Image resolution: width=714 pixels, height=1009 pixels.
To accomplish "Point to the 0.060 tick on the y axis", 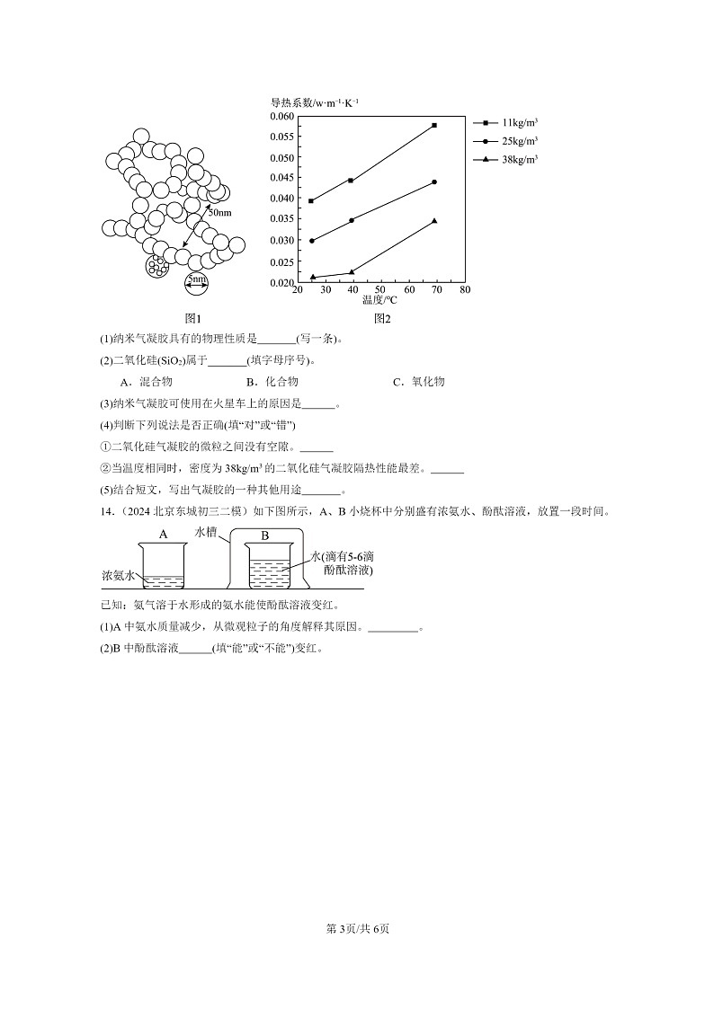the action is click(x=282, y=117).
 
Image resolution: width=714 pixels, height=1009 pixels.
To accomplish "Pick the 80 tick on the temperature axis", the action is click(x=465, y=290).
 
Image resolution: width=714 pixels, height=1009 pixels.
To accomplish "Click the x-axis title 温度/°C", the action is click(x=379, y=299).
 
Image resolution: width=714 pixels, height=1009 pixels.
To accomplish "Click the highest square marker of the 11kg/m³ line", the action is click(x=434, y=125).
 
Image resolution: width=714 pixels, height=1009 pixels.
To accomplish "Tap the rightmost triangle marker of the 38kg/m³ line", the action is click(x=434, y=221).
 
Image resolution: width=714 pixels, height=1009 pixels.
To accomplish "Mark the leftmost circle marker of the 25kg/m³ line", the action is click(x=311, y=241).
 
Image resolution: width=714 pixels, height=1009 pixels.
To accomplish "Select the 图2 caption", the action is click(x=382, y=318).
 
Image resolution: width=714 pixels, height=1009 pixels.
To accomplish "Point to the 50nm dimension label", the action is click(x=219, y=213).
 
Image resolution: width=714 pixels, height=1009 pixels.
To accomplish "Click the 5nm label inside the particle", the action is click(x=196, y=279).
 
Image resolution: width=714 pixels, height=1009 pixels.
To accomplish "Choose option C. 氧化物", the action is click(x=419, y=382).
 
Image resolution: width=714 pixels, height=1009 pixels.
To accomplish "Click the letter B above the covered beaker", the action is click(x=264, y=535).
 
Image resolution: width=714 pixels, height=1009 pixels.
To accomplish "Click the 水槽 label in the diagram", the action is click(x=207, y=532).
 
